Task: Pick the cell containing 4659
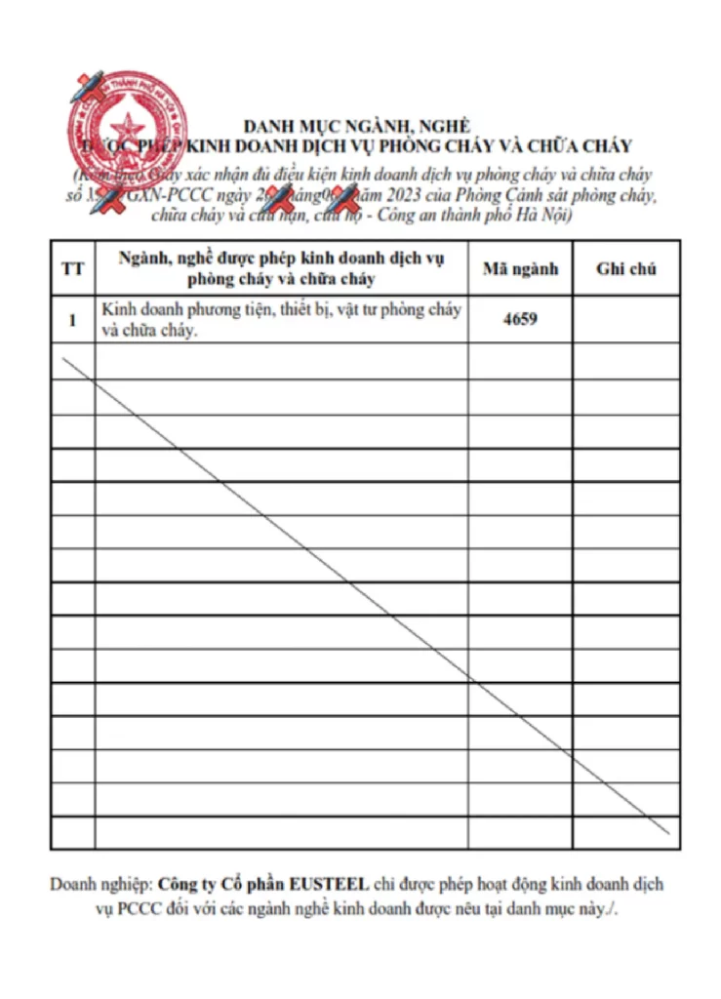520,319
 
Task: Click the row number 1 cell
72,319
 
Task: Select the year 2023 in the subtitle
419,195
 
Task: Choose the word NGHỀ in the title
446,126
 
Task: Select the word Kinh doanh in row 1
136,310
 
